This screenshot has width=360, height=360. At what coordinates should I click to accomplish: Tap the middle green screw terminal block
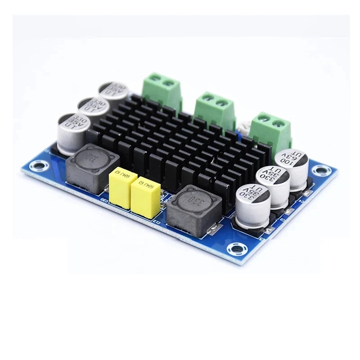pyautogui.click(x=215, y=110)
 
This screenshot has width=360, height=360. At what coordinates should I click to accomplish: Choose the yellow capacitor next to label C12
pyautogui.click(x=145, y=198)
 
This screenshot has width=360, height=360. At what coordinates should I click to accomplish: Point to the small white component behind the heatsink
pyautogui.click(x=244, y=128)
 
